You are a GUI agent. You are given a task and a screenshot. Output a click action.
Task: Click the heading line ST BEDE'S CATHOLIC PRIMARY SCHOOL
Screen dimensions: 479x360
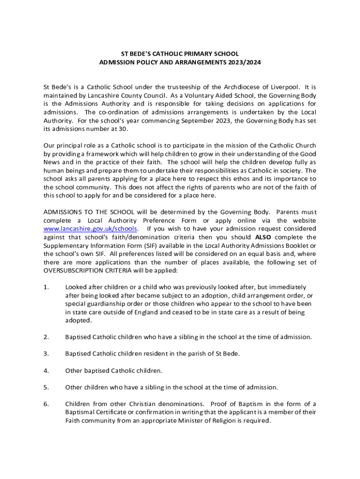pyautogui.click(x=180, y=54)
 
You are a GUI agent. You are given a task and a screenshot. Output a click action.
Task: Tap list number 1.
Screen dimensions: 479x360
pyautogui.click(x=46, y=287)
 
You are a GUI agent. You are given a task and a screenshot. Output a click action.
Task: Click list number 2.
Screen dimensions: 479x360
pyautogui.click(x=46, y=337)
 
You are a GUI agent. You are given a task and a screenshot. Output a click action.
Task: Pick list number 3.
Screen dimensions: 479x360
pyautogui.click(x=46, y=354)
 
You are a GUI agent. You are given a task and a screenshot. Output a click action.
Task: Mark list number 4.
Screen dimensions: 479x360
pyautogui.click(x=46, y=370)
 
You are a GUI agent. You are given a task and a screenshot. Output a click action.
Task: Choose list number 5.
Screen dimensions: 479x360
pyautogui.click(x=46, y=387)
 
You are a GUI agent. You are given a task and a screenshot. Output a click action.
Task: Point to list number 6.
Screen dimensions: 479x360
pyautogui.click(x=46, y=404)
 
